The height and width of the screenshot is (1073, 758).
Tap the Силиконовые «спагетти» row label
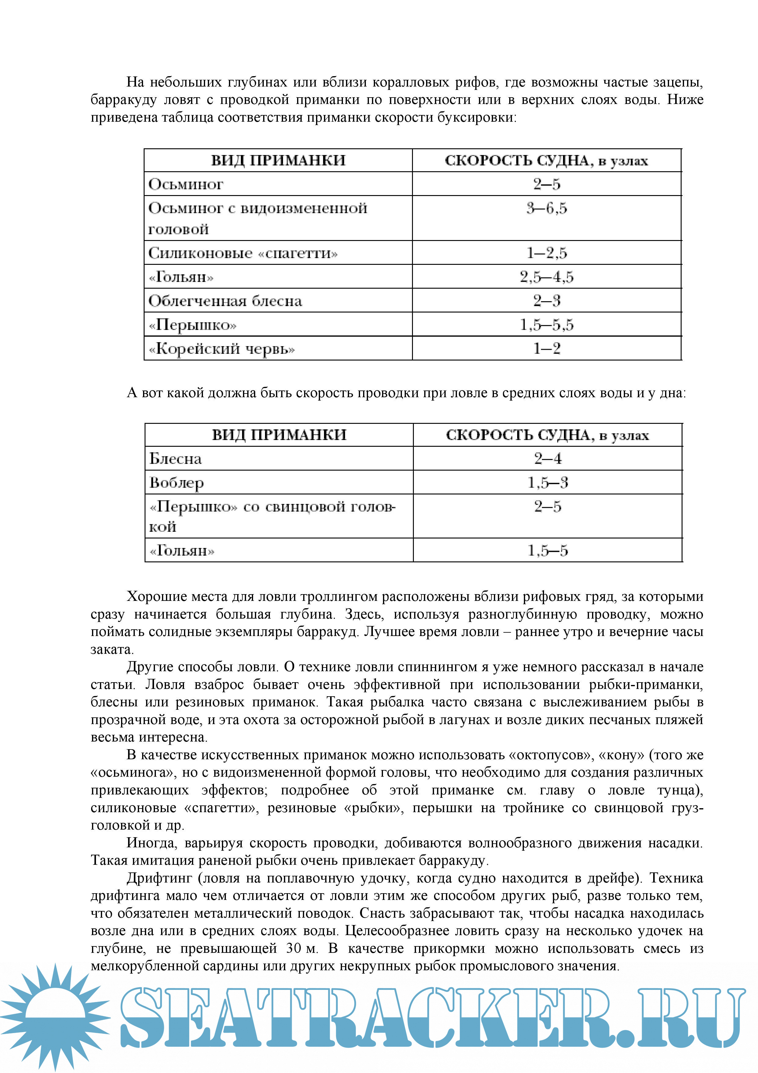tap(243, 253)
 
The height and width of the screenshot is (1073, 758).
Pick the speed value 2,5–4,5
tap(546, 277)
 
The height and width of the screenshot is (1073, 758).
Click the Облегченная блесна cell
tap(225, 301)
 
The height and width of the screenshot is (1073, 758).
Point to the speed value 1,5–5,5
tap(546, 324)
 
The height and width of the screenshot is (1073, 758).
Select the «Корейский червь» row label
tap(222, 349)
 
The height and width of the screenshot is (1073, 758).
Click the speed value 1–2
tap(546, 349)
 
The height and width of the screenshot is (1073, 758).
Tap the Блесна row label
tap(176, 458)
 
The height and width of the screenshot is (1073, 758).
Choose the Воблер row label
tap(177, 482)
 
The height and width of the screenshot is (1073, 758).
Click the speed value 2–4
tap(547, 458)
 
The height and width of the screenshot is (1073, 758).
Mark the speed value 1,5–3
tap(547, 482)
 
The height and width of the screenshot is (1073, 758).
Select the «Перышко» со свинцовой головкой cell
tap(272, 516)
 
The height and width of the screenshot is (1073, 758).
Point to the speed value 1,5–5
tap(547, 550)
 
